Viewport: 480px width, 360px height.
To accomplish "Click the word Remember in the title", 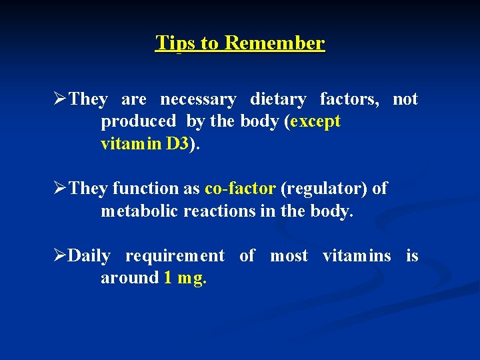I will coord(275,43).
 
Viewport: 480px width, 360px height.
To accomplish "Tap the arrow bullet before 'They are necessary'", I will coord(60,100).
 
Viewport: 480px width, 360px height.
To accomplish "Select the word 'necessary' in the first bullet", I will coord(198,100).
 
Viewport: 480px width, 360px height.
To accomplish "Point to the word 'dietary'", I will coord(278,100).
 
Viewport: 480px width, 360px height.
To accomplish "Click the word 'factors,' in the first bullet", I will coord(349,100).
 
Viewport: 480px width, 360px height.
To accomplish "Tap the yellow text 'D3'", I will coord(177,144).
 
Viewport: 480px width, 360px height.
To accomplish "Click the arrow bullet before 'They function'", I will coord(60,189).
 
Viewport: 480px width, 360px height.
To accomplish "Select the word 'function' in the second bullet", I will coord(145,189).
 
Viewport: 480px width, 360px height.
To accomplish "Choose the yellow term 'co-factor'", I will coord(240,189).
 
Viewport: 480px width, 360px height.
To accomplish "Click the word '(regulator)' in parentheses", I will coord(323,189).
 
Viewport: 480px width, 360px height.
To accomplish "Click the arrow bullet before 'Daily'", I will coord(60,257).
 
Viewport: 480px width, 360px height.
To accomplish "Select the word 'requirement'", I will coord(175,257).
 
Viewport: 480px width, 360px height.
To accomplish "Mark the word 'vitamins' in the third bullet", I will coord(357,257).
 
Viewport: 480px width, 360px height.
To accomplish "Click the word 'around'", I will coord(129,279).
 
